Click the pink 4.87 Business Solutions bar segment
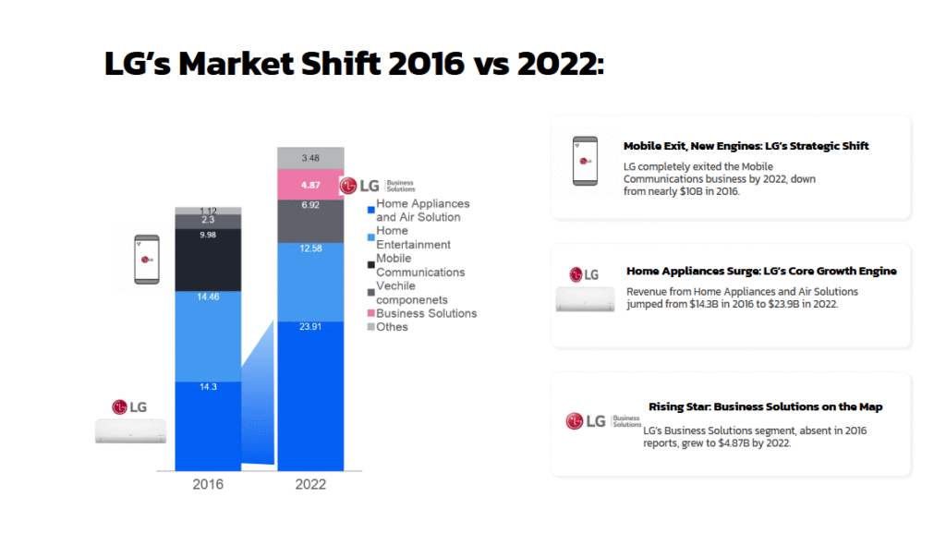tap(310, 185)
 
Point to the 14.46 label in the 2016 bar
tap(209, 297)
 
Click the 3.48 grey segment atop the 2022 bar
tap(310, 158)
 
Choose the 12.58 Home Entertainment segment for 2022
tap(310, 248)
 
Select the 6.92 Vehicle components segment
tap(310, 204)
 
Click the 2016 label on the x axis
tap(209, 484)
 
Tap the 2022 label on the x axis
tap(310, 484)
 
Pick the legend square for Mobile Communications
tap(370, 265)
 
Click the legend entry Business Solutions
tap(426, 313)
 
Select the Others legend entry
tap(392, 327)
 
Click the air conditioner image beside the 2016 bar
tap(130, 430)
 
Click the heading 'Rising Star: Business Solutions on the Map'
tap(765, 406)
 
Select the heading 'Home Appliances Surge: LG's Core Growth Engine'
tap(761, 271)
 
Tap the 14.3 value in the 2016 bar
tap(209, 387)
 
